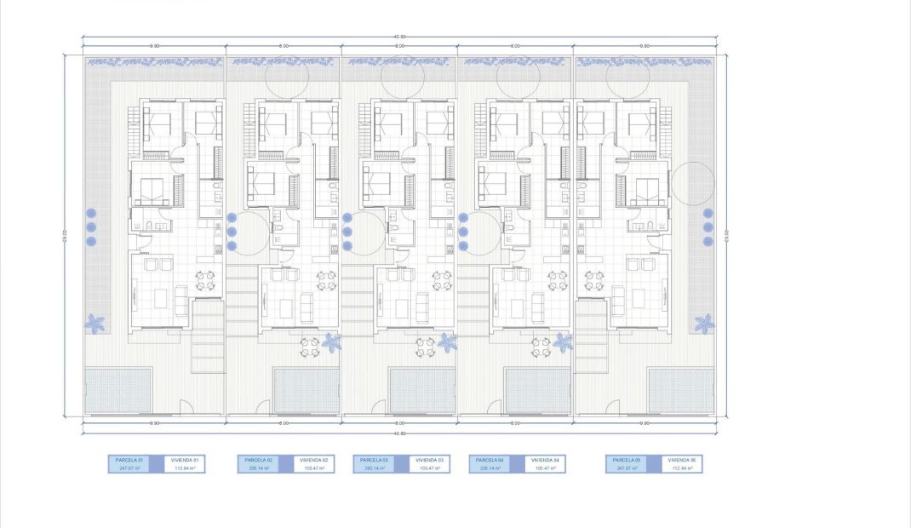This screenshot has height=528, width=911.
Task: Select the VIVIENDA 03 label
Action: click(429, 460)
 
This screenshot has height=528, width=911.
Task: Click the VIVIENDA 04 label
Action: click(545, 460)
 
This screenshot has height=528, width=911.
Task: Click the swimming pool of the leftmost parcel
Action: click(119, 390)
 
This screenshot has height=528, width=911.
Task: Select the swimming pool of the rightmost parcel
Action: click(680, 390)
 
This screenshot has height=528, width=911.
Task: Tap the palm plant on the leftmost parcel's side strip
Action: click(95, 324)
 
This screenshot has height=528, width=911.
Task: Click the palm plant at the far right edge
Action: click(704, 324)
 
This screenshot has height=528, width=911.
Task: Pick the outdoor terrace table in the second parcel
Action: click(310, 346)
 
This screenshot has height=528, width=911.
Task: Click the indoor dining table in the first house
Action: click(205, 280)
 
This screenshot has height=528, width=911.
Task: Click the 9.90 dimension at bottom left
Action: click(154, 423)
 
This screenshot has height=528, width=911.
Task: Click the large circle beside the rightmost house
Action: click(692, 183)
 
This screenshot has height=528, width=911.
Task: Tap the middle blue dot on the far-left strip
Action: click(91, 227)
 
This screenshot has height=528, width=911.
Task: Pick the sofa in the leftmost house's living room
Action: click(180, 300)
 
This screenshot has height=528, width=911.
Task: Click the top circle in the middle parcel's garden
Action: click(402, 78)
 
